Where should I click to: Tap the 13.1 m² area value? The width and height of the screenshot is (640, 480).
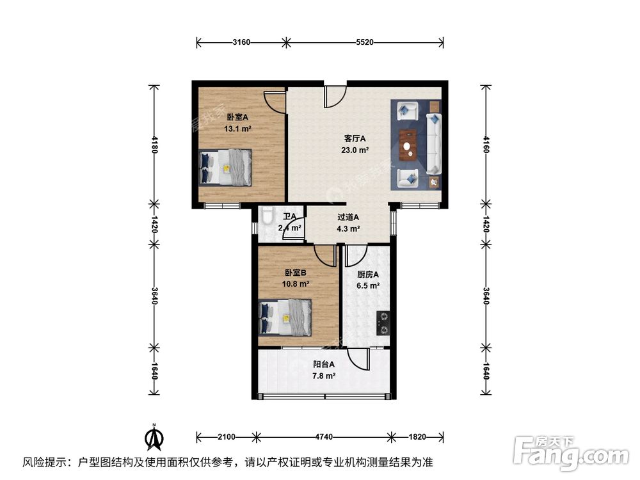(x=237, y=129)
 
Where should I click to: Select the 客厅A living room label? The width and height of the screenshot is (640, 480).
(x=354, y=138)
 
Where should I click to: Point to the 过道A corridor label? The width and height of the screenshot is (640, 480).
(x=348, y=217)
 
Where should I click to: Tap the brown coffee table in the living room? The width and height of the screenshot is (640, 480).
(x=408, y=145)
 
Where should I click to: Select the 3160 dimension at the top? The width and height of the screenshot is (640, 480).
(x=241, y=43)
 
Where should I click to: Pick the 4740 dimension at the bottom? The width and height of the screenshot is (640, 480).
(x=324, y=437)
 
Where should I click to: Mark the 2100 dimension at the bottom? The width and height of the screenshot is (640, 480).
(x=226, y=437)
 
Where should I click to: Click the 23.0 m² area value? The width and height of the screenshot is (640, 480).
(x=354, y=150)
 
